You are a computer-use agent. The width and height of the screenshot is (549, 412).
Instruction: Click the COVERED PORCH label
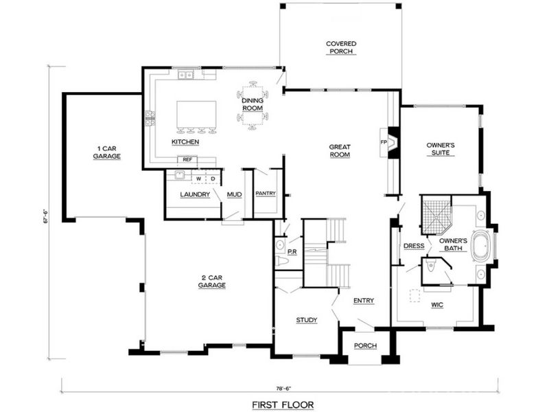[341, 47]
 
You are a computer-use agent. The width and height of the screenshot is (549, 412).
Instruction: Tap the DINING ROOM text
[253, 104]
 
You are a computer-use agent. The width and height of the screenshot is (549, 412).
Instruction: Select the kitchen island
[197, 113]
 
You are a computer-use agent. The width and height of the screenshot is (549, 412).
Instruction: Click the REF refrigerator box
[186, 160]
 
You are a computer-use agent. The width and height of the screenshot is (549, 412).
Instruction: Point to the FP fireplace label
[384, 142]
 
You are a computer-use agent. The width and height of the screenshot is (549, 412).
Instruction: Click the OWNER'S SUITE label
[441, 150]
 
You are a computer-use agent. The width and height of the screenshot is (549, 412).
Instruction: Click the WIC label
[437, 304]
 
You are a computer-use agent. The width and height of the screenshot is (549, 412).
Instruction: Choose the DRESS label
[413, 246]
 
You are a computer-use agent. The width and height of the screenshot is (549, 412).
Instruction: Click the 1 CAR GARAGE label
[107, 152]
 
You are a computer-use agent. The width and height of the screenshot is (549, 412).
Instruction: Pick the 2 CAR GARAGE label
[212, 281]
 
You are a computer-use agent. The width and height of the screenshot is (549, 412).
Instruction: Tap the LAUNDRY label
[194, 194]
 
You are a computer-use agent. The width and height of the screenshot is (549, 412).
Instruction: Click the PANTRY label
[265, 194]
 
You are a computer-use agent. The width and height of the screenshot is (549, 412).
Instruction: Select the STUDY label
[306, 321]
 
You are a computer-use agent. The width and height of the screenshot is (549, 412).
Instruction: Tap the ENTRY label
[363, 301]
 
